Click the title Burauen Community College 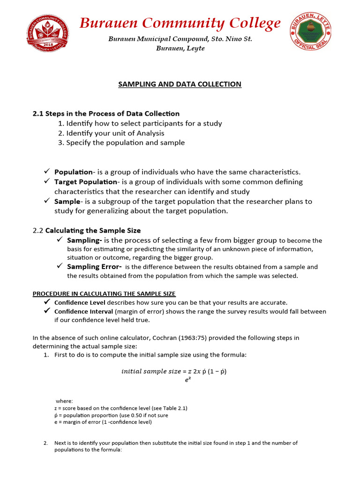[x=180, y=23]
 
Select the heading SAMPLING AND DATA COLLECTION [x=180, y=84]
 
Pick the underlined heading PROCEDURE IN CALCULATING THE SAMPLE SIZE [x=104, y=294]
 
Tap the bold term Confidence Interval [x=83, y=311]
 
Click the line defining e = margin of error [x=103, y=422]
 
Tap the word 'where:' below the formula [x=64, y=401]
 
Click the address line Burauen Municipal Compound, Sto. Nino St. [x=180, y=39]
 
